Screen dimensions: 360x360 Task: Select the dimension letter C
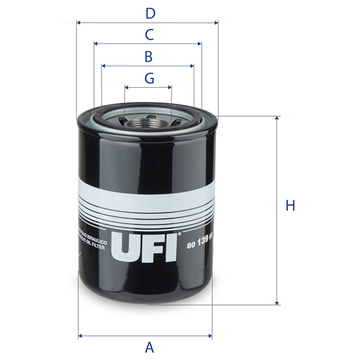tap(148, 35)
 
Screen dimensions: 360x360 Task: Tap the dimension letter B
tap(148, 56)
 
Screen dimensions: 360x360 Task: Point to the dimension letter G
tap(149, 78)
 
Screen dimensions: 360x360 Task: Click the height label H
tap(290, 206)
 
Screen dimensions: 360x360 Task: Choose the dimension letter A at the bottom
tap(149, 347)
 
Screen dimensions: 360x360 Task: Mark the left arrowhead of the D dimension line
tap(79, 23)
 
